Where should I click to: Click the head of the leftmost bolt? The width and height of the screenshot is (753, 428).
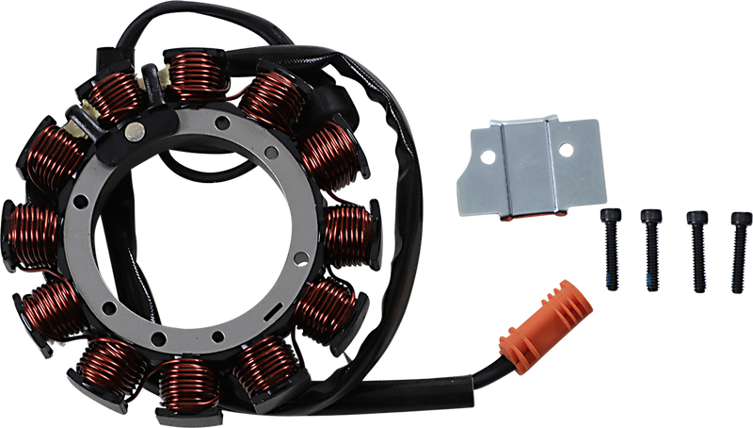click(607, 215)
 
